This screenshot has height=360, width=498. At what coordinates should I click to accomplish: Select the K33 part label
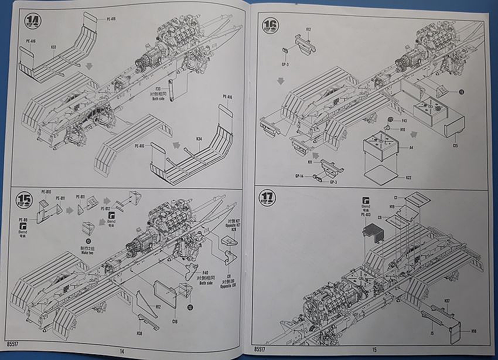[53, 47]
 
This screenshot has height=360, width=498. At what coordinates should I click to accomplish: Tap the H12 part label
[158, 307]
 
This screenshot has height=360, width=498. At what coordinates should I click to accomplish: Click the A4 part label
[411, 148]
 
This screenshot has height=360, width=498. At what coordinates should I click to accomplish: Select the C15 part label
[455, 144]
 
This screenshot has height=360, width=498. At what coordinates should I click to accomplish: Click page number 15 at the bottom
[374, 349]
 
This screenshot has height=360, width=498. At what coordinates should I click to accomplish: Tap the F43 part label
[404, 121]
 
